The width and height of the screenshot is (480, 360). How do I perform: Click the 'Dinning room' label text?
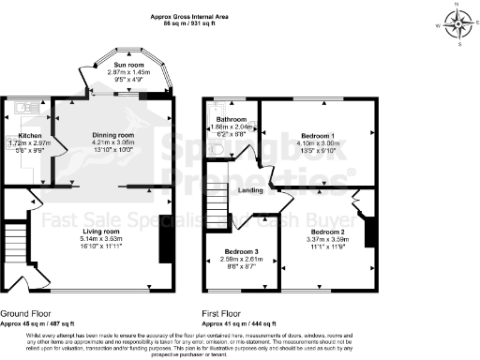tap(112, 135)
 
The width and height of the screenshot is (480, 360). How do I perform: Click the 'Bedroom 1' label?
tap(315, 135)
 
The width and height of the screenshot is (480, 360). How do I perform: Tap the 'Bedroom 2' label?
tap(328, 231)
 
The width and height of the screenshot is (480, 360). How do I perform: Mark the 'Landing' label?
tap(251, 191)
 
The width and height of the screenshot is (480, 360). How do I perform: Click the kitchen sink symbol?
tap(20, 107)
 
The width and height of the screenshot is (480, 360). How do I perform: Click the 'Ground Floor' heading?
tap(25, 312)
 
